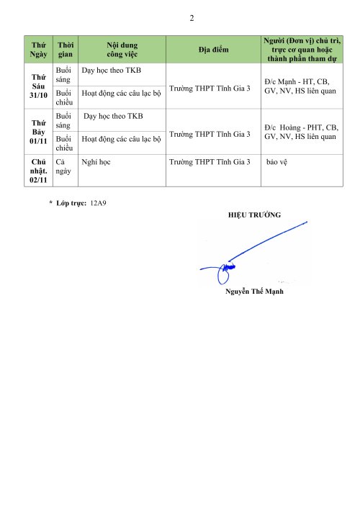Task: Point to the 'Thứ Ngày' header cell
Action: [39, 49]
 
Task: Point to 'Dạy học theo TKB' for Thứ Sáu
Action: [112, 71]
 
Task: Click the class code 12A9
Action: [97, 204]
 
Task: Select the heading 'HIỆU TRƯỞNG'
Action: [254, 215]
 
